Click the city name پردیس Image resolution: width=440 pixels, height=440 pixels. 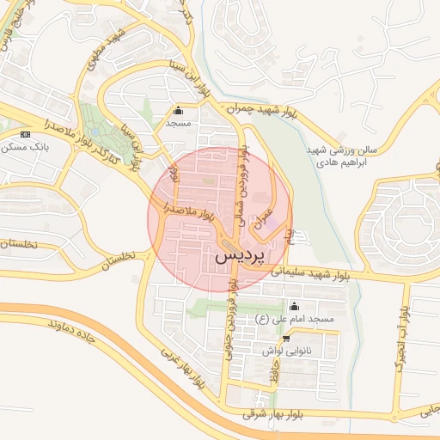click(235, 256)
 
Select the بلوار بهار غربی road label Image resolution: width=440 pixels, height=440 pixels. click(185, 368)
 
